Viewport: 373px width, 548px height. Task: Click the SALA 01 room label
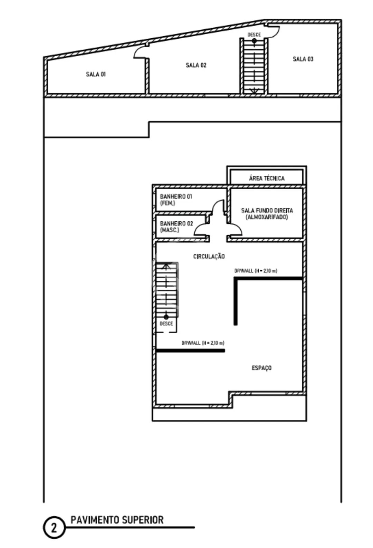tap(96, 74)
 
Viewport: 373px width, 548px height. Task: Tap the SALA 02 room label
tap(196, 65)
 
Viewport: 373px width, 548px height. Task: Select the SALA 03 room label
tap(303, 59)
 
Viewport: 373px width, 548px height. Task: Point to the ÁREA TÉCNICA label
tap(267, 178)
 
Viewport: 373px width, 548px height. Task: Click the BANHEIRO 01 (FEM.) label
tap(176, 200)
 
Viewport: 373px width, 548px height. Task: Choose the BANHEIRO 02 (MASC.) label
tap(176, 227)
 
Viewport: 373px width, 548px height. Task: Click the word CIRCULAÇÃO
tap(209, 256)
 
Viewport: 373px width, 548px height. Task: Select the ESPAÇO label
tap(262, 368)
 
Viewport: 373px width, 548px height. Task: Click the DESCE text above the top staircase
tap(254, 35)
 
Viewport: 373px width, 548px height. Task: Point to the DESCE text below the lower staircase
tap(166, 324)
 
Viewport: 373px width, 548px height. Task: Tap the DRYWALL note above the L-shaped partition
tap(256, 271)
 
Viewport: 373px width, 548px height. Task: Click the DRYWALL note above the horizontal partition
tap(203, 343)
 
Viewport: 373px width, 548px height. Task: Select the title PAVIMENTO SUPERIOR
tap(117, 520)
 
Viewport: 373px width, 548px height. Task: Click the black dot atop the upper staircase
tap(254, 41)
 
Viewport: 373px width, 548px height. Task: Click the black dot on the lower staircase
tap(166, 317)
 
